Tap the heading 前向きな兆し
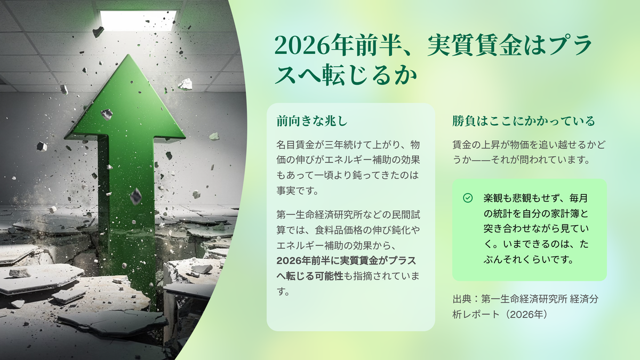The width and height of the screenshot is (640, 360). (312, 121)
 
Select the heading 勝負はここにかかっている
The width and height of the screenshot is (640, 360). (523, 121)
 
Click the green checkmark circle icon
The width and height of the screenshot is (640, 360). (467, 198)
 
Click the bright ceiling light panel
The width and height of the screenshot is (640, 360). (138, 20)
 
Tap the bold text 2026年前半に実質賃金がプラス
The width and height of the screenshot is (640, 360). (346, 261)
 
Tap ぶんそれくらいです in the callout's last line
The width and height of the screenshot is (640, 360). (529, 260)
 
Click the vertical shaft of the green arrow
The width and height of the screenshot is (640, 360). (126, 200)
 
